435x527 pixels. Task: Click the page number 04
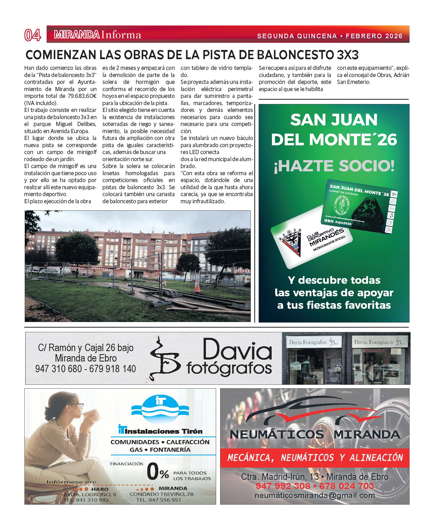(x=33, y=35)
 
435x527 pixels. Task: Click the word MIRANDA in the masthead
(x=76, y=35)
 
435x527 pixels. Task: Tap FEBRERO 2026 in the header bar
(x=374, y=36)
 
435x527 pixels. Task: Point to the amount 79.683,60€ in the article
(x=82, y=96)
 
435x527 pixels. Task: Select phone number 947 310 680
(x=59, y=369)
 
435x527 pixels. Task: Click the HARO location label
(x=100, y=489)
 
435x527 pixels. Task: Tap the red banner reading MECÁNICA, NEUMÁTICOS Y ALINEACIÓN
(x=315, y=458)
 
